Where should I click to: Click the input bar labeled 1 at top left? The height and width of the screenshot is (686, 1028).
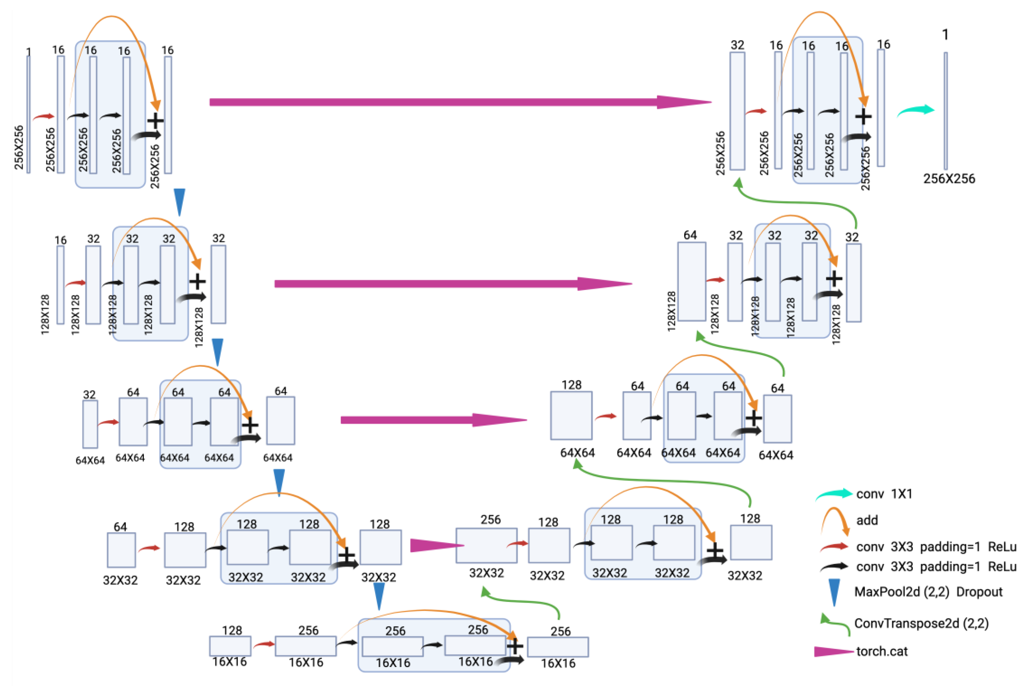coord(28,114)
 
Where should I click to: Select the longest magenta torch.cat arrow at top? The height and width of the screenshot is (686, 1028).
coord(459,102)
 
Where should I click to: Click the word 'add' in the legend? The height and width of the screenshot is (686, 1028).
coord(867,520)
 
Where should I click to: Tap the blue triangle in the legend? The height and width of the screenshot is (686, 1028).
coord(834,592)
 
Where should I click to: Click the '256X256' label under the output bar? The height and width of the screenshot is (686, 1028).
coord(949,179)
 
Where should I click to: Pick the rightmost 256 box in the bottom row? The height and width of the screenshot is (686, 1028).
coord(558,647)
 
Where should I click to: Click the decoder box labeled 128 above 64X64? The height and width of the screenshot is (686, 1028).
coord(571,416)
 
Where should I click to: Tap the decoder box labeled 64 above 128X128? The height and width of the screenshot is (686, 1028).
coord(691,281)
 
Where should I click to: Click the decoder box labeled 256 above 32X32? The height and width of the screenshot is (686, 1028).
coord(486,546)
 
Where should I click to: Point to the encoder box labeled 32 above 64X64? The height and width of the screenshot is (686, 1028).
coord(90,424)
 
